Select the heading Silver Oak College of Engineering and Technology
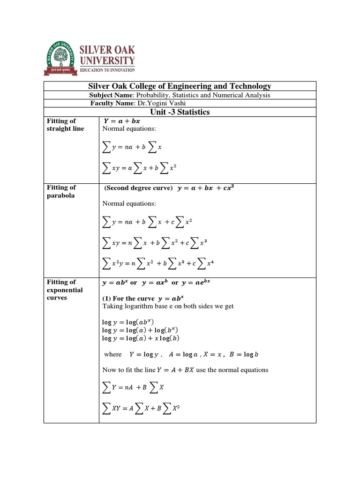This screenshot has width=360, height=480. coord(180,86)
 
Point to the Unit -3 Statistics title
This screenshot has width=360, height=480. coord(180,112)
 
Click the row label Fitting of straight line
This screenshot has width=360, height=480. coord(65,125)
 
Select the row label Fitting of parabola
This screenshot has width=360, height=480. coord(61,191)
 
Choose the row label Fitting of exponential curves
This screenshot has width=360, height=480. coord(65,290)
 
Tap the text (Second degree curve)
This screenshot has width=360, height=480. coord(139,188)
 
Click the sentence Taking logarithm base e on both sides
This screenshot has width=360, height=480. coord(168,306)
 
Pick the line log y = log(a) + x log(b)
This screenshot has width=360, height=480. coord(141,338)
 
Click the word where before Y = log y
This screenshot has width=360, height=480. coord(113,354)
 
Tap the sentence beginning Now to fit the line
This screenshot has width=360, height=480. coord(185,370)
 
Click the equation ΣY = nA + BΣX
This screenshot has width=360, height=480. coord(133,388)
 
